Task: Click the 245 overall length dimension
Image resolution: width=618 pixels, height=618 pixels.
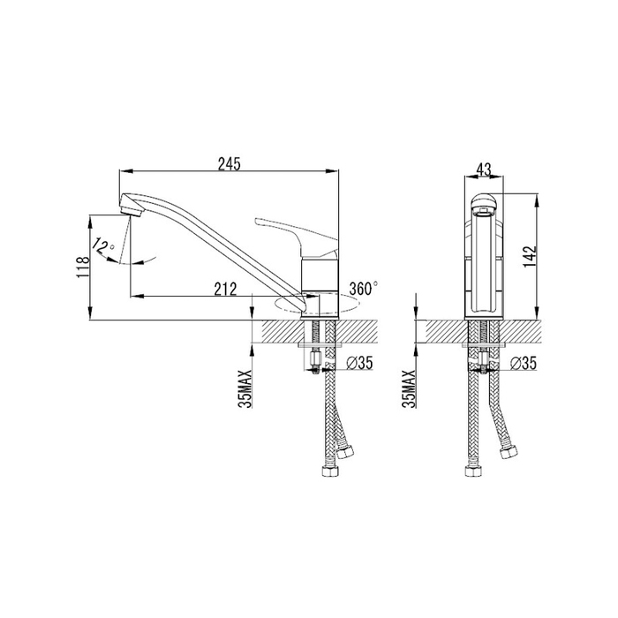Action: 229,164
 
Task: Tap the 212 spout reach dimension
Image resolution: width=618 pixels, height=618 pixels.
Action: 225,289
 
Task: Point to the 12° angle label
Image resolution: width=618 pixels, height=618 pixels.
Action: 102,246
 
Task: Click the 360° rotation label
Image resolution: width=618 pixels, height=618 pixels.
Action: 363,288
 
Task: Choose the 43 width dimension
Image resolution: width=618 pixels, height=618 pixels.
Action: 484,170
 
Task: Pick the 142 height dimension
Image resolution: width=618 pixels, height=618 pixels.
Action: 531,256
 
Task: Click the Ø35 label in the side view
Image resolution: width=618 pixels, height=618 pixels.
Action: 359,363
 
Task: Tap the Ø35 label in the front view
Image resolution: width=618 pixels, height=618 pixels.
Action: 524,364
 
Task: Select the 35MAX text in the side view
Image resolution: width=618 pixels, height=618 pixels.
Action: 245,389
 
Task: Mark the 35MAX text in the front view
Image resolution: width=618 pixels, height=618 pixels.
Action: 410,389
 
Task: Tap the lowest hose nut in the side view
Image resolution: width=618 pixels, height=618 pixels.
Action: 330,471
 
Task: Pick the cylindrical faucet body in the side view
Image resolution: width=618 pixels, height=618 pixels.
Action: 320,288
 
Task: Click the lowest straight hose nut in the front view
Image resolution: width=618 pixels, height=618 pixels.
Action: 471,471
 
